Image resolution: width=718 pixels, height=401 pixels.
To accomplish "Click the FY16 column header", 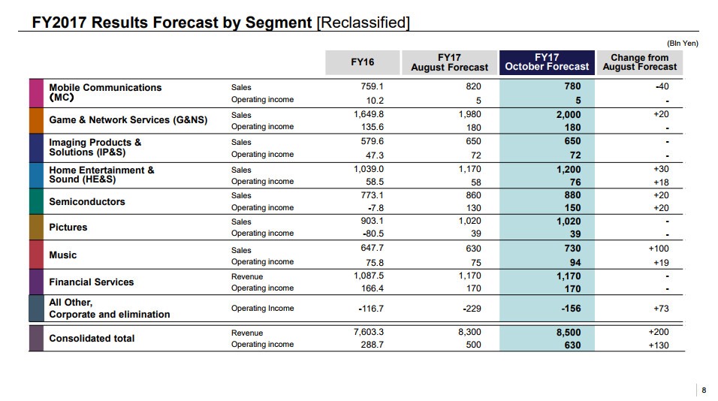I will click(x=362, y=62).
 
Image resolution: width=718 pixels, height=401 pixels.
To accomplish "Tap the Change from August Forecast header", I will click(x=639, y=62).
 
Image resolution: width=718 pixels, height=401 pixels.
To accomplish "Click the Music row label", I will click(x=63, y=255).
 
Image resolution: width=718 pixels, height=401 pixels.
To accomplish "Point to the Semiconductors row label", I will click(x=87, y=202).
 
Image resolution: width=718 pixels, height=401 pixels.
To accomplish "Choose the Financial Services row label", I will click(x=91, y=282).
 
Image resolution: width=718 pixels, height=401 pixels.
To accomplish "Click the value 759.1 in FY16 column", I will click(x=372, y=86).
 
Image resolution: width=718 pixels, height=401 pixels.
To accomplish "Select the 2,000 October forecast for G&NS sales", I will click(x=568, y=115).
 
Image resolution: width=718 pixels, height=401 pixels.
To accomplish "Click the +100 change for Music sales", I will click(x=658, y=249).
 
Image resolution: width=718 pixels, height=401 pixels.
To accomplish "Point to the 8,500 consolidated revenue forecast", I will click(x=568, y=333).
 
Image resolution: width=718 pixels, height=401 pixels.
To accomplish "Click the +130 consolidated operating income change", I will click(x=657, y=345).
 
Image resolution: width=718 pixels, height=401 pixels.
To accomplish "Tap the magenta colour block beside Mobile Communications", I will click(x=36, y=93).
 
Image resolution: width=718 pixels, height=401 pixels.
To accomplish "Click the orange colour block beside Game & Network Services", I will click(x=36, y=120).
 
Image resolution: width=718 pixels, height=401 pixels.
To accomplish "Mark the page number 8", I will click(x=704, y=390).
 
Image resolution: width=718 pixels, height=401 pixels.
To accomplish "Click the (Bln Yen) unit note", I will click(x=682, y=44).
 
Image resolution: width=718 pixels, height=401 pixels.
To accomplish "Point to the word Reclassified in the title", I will click(x=364, y=23).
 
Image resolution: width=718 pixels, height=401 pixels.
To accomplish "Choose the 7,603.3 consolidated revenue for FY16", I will click(x=368, y=332).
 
